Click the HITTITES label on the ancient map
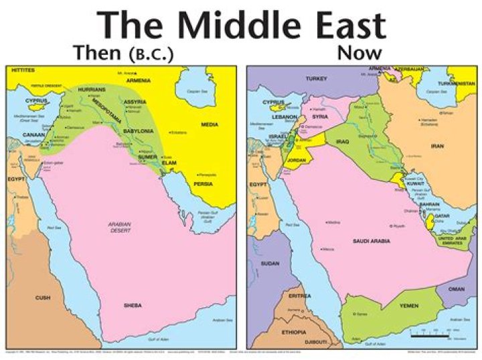[x=22, y=70]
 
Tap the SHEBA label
[x=133, y=305]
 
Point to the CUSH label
[x=42, y=297]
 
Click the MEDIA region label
[x=209, y=124]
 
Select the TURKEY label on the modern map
[x=315, y=79]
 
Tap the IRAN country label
[x=437, y=145]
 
